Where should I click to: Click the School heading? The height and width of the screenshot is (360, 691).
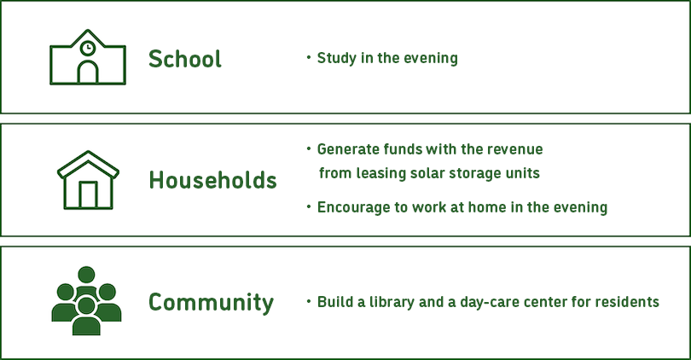click(x=184, y=59)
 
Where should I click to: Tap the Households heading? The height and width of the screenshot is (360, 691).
click(x=213, y=180)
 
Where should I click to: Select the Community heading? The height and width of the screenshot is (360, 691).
click(x=211, y=303)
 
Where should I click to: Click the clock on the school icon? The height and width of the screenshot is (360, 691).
click(x=88, y=48)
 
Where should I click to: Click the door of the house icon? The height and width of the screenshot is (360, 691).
click(x=88, y=195)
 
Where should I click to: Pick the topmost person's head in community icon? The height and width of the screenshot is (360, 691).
click(x=86, y=275)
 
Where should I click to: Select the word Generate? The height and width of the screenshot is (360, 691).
click(x=348, y=149)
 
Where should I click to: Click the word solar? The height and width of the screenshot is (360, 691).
click(x=427, y=173)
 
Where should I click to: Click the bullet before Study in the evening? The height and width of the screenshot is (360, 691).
click(x=309, y=57)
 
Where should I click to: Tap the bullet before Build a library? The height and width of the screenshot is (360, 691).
click(x=309, y=301)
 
